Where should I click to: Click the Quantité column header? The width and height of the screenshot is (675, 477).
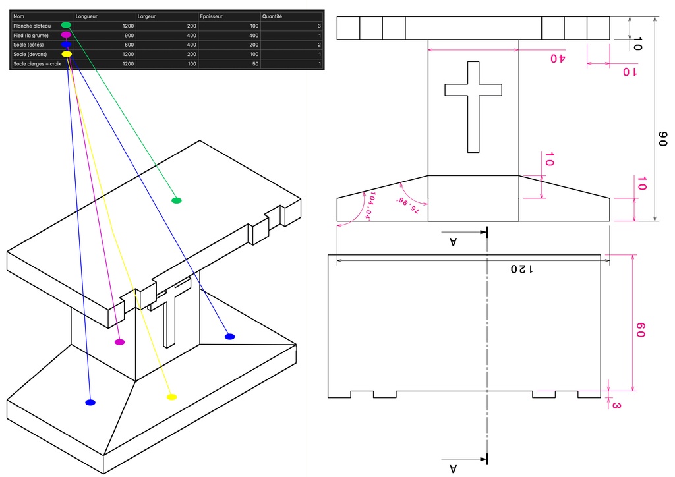272,16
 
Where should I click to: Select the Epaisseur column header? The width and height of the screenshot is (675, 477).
211,16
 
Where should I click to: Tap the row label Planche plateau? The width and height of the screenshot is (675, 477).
32,26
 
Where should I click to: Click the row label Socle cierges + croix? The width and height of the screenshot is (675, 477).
37,64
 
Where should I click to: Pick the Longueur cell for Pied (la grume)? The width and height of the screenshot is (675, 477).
129,36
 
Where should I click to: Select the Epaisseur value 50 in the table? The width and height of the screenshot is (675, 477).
255,64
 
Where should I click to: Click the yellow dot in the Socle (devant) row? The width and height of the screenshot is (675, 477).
67,54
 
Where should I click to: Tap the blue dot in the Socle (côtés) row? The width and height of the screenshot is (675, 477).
66,44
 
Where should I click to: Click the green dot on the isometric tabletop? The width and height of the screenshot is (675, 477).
177,200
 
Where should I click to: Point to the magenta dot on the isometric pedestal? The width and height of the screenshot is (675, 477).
120,342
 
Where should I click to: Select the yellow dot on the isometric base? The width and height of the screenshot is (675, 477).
171,397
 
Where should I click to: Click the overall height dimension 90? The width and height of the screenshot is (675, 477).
662,139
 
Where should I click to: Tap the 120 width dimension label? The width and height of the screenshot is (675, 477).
522,269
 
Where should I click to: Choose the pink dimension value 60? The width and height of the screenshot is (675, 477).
640,330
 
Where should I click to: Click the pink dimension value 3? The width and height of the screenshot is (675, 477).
616,405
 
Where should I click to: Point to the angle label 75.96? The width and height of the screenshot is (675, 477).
407,205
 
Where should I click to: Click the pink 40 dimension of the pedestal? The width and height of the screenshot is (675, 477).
558,58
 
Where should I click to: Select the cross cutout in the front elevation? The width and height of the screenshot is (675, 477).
473,107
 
